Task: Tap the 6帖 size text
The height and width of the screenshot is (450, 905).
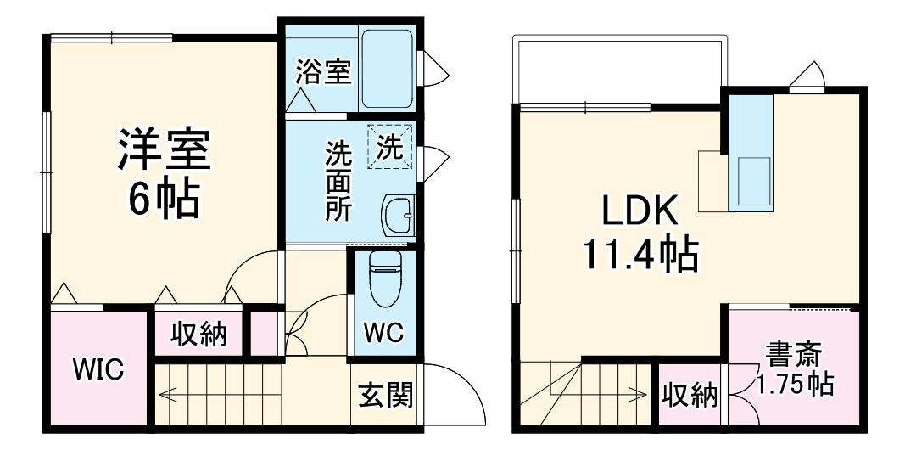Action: point(164,200)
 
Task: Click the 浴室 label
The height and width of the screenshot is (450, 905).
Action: point(323,72)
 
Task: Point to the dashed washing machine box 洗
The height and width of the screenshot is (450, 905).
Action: point(388,146)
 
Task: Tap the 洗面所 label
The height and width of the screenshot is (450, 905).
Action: point(340,181)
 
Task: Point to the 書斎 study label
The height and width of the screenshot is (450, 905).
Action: point(794,353)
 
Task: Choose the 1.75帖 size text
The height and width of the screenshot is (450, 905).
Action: point(794,384)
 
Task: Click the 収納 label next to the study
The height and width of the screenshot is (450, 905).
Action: point(690,395)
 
